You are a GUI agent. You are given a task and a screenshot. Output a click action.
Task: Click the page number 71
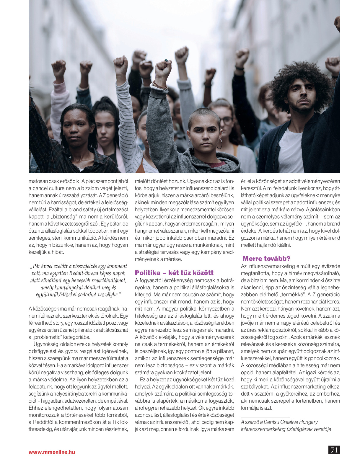(x=334, y=450)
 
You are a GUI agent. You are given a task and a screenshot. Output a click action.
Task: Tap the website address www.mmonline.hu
(x=52, y=452)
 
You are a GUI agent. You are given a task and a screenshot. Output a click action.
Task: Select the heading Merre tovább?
(x=266, y=259)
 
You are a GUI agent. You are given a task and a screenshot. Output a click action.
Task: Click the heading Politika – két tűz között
(x=174, y=273)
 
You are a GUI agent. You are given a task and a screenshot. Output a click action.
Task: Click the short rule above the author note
(x=265, y=416)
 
